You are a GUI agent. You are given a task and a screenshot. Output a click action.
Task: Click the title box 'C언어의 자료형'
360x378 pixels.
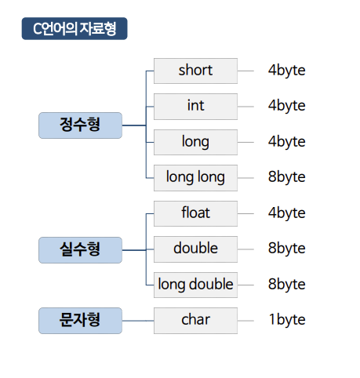(75, 28)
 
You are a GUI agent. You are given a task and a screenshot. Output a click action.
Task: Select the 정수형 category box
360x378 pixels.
(80, 125)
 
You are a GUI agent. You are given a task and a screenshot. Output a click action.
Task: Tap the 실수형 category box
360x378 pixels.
(80, 250)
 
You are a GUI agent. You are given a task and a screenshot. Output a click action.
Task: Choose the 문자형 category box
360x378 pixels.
(80, 321)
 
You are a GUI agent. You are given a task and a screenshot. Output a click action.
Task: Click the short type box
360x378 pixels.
(195, 71)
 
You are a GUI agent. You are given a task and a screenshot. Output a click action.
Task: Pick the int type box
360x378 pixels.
(195, 107)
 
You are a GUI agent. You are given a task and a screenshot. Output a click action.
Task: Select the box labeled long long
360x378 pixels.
(195, 178)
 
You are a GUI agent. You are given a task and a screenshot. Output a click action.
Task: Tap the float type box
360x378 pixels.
(195, 213)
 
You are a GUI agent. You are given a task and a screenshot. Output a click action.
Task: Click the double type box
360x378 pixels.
(195, 249)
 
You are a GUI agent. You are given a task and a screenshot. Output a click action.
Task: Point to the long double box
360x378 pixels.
(195, 285)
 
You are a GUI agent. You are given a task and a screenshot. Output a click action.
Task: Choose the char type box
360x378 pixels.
(195, 321)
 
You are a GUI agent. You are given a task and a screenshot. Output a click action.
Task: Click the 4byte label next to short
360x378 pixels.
(287, 71)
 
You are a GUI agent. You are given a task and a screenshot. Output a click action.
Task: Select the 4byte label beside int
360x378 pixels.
(287, 106)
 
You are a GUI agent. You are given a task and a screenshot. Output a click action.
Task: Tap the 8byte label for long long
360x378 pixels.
(287, 177)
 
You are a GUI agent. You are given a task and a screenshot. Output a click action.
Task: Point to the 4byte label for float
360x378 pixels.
(287, 213)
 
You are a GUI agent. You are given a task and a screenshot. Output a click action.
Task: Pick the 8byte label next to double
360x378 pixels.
(287, 249)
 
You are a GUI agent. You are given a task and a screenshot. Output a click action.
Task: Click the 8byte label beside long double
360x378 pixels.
(287, 285)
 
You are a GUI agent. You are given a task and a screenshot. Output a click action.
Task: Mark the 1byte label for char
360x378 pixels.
(287, 320)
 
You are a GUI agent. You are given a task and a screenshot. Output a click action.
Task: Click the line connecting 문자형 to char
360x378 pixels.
(138, 321)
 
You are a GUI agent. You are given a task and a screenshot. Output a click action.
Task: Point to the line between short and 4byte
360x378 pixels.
(245, 71)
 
